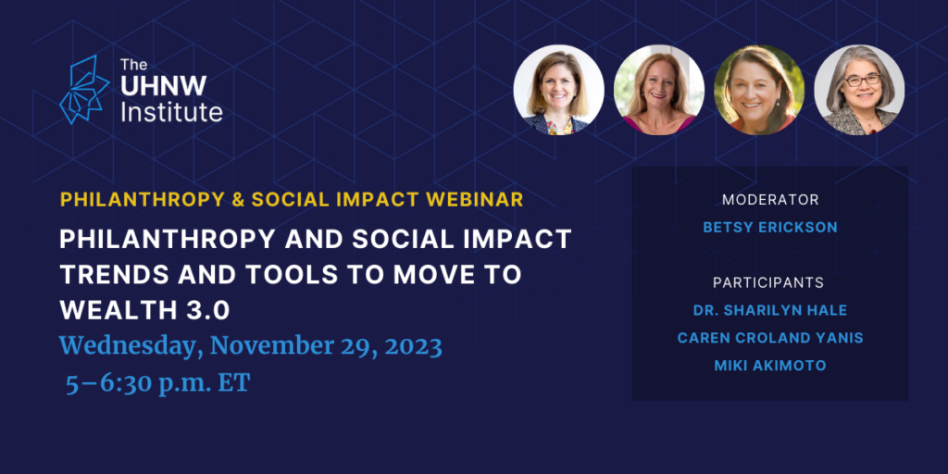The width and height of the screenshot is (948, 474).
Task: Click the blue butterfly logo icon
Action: (x=84, y=90)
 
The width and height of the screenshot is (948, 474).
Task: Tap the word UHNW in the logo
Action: (x=163, y=86)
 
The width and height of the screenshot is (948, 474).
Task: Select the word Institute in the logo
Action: (x=171, y=112)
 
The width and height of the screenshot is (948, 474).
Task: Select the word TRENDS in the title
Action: (x=114, y=275)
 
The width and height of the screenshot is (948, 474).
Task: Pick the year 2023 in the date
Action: (x=413, y=347)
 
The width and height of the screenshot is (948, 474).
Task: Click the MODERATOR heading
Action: (x=770, y=200)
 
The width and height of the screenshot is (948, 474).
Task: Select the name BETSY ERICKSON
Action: (x=770, y=228)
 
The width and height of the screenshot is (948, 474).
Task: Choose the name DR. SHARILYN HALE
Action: (x=770, y=310)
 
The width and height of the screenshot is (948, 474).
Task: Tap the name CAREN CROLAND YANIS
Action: (x=770, y=338)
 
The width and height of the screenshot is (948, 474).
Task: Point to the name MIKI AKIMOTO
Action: (x=770, y=366)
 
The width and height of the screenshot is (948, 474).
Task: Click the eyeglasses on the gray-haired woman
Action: (x=863, y=81)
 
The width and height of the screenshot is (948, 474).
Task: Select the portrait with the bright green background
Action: (x=759, y=90)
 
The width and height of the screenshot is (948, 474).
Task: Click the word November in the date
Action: (x=273, y=347)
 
